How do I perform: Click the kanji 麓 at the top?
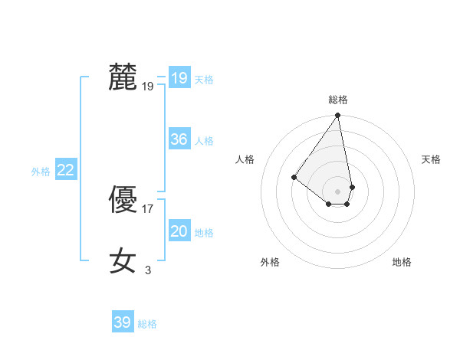point(123,77)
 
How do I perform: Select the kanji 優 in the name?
point(123,200)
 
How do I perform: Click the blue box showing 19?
point(179,78)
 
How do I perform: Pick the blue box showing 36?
point(179,139)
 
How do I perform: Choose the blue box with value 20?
point(179,231)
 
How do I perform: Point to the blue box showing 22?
point(65,170)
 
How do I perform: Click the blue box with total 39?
point(122,322)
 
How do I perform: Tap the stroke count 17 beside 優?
point(148,209)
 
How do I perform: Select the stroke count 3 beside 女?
point(148,270)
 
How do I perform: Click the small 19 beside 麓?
point(148,87)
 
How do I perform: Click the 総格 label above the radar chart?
point(337,100)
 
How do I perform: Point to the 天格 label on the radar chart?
point(431,159)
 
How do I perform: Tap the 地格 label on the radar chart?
point(402,262)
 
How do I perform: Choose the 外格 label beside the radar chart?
point(270,262)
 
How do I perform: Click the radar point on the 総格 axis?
point(337,116)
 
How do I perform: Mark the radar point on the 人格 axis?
point(294,177)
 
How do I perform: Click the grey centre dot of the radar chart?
point(337,191)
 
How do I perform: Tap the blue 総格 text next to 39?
point(147,324)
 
